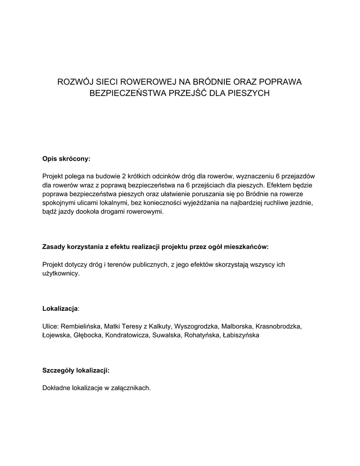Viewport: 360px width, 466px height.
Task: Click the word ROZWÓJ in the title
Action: tap(72, 82)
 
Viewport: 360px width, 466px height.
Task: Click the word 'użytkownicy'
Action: tap(60, 274)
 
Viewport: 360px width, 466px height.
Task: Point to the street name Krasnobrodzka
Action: tap(278, 326)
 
